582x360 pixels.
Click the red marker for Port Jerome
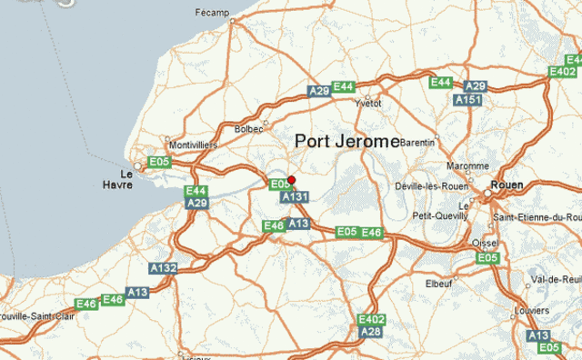click(291, 179)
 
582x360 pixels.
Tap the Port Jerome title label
click(347, 142)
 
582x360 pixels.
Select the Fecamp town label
click(213, 13)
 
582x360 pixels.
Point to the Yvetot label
click(368, 105)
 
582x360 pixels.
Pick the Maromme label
click(467, 165)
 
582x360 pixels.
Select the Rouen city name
click(507, 185)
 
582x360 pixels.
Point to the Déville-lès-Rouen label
click(432, 185)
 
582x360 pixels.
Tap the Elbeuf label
click(438, 284)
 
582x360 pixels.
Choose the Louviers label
click(531, 310)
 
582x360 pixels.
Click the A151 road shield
click(468, 99)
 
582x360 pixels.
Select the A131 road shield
click(295, 196)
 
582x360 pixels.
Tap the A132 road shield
click(164, 268)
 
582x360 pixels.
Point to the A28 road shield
click(371, 332)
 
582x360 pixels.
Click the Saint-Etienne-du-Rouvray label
click(537, 217)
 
